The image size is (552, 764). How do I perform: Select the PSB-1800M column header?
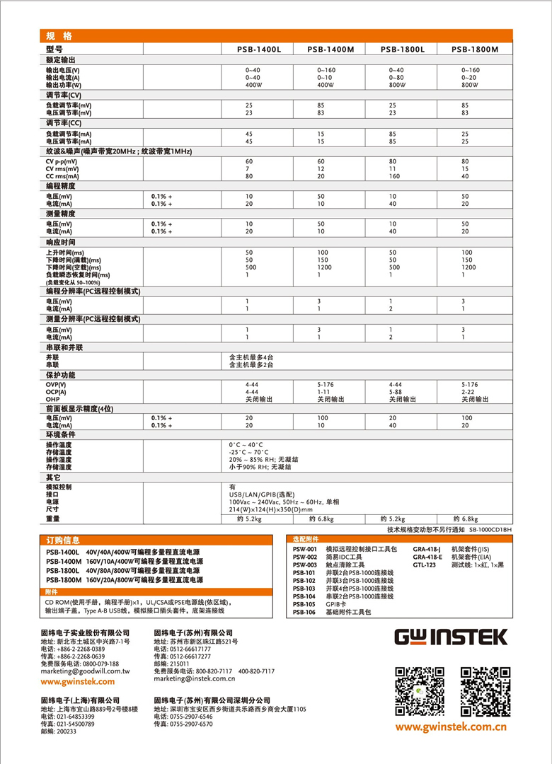click(475, 50)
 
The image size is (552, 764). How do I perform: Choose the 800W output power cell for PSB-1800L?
click(397, 85)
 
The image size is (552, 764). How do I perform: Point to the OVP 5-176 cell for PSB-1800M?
click(470, 384)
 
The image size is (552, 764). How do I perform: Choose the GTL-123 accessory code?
click(425, 565)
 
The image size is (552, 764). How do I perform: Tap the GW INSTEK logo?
click(451, 636)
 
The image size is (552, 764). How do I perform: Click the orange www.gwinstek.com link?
click(77, 681)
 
